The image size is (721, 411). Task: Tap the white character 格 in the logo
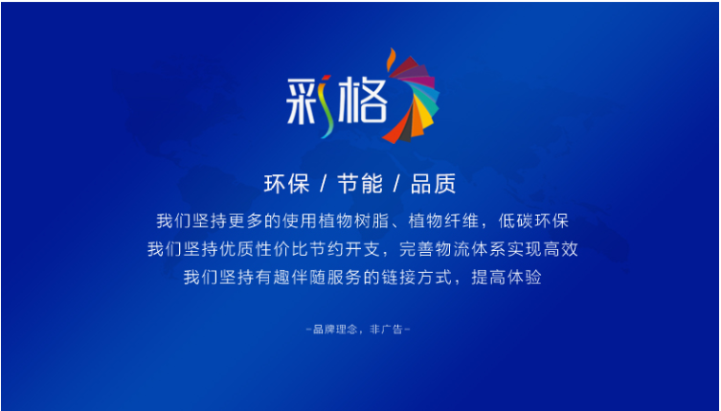361,102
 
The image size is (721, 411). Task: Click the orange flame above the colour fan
391,59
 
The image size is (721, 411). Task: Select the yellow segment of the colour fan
425,119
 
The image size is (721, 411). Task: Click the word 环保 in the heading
286,184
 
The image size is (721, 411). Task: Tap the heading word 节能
360,184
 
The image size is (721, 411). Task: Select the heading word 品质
433,184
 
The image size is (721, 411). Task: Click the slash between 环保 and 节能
323,184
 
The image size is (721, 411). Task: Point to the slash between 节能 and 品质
396,184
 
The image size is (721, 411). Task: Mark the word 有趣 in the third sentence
273,278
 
